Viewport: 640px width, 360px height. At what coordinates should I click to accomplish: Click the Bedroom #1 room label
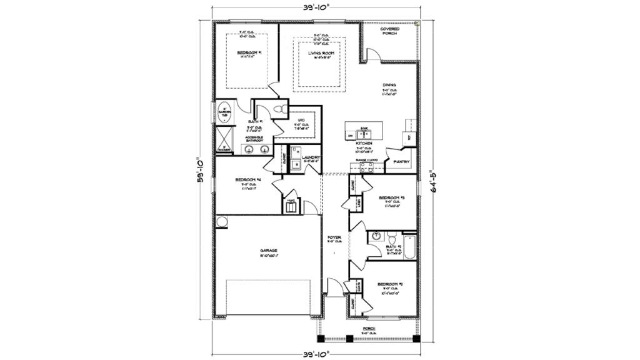pyautogui.click(x=249, y=53)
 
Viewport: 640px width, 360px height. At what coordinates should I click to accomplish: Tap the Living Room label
pyautogui.click(x=321, y=53)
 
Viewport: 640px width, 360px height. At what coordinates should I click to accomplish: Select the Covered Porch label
pyautogui.click(x=390, y=31)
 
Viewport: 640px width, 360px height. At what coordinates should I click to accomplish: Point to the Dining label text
pyautogui.click(x=389, y=85)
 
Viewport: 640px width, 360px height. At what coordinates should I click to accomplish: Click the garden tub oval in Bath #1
pyautogui.click(x=224, y=113)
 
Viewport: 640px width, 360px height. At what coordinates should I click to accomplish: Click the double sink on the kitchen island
pyautogui.click(x=362, y=133)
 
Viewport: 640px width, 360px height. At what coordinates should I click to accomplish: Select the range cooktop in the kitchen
pyautogui.click(x=362, y=166)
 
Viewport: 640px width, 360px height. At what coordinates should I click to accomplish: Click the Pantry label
pyautogui.click(x=402, y=162)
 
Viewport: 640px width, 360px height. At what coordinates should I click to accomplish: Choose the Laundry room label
pyautogui.click(x=311, y=157)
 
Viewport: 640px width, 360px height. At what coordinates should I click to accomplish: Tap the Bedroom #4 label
pyautogui.click(x=247, y=180)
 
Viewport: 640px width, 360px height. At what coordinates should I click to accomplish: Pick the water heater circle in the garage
pyautogui.click(x=221, y=222)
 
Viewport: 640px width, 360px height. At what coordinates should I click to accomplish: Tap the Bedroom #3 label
pyautogui.click(x=392, y=198)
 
